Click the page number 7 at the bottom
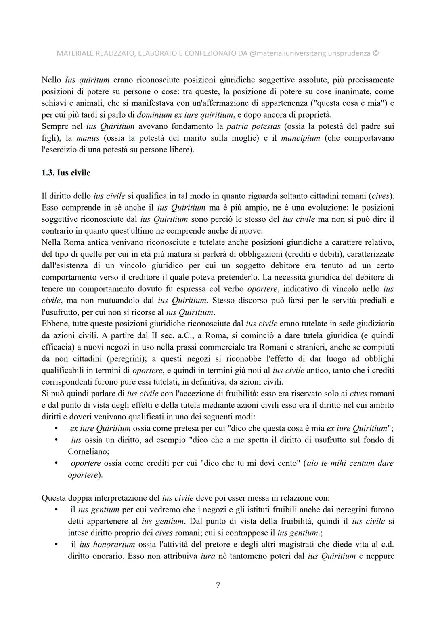pyautogui.click(x=218, y=585)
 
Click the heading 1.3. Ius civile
pyautogui.click(x=66, y=173)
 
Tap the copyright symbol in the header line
pyautogui.click(x=375, y=53)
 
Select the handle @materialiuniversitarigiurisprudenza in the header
pyautogui.click(x=310, y=53)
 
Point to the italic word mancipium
pyautogui.click(x=300, y=138)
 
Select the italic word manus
pyautogui.click(x=88, y=138)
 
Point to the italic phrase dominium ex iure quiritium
pyautogui.click(x=185, y=115)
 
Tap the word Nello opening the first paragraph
pyautogui.click(x=51, y=80)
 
